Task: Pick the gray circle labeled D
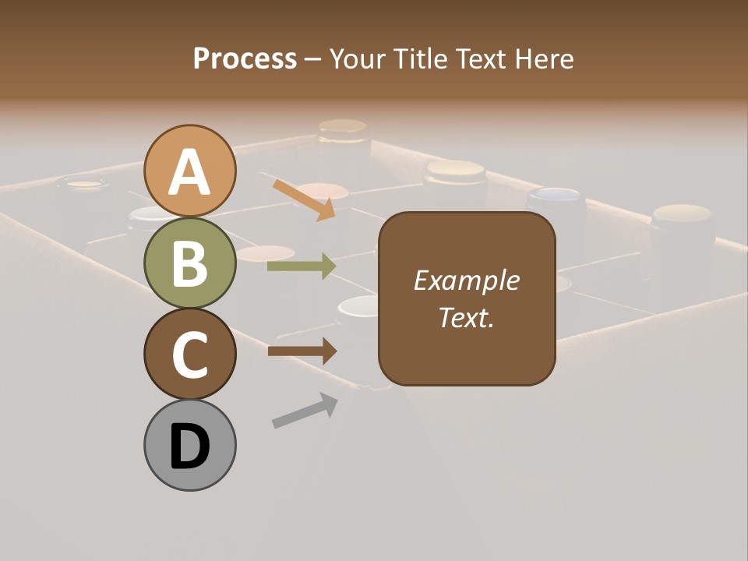pyautogui.click(x=189, y=445)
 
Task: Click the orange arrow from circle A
pyautogui.click(x=305, y=199)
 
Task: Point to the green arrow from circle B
pyautogui.click(x=302, y=266)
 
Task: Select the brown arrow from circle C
pyautogui.click(x=302, y=351)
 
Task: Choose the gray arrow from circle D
pyautogui.click(x=305, y=411)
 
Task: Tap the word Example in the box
pyautogui.click(x=467, y=280)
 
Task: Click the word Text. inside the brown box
pyautogui.click(x=467, y=318)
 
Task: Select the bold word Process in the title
pyautogui.click(x=245, y=58)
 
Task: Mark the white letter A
pyautogui.click(x=189, y=173)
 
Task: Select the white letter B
pyautogui.click(x=189, y=263)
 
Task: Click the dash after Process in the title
pyautogui.click(x=313, y=60)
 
